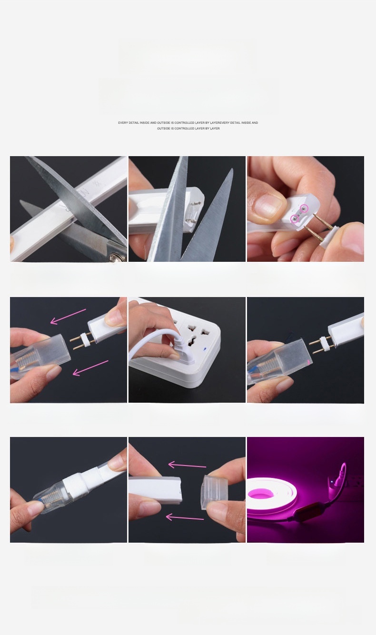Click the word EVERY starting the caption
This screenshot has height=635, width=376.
[x=123, y=123]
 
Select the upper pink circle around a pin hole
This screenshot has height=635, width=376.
[x=304, y=208]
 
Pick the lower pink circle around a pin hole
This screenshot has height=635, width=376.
[x=295, y=218]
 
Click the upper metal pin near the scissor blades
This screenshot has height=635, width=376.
[x=197, y=203]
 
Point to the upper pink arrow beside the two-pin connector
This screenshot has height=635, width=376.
[x=68, y=317]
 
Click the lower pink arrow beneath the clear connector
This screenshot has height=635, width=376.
[x=90, y=368]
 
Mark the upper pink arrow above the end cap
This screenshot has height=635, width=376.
[x=188, y=465]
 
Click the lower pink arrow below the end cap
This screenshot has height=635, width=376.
[x=185, y=518]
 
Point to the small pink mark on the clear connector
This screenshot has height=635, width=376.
[x=308, y=362]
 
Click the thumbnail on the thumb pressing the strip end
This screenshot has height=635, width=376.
[x=268, y=205]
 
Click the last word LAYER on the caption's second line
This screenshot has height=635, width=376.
[x=215, y=129]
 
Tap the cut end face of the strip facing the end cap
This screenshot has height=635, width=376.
[x=179, y=490]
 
